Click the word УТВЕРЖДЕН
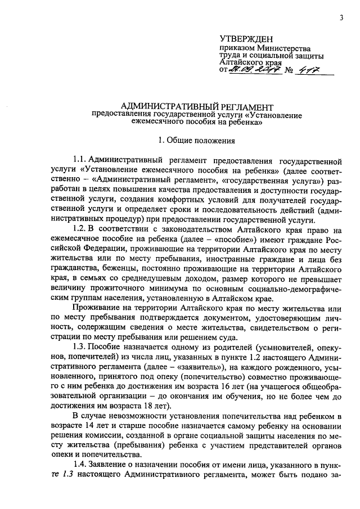(x=245, y=39)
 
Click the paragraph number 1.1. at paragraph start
(x=80, y=162)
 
